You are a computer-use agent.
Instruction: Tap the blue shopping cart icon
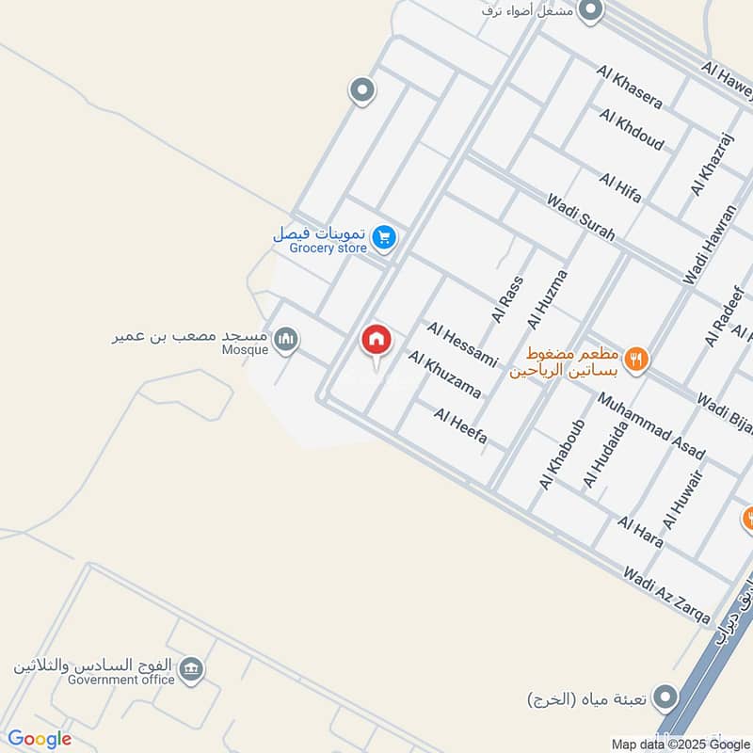(382, 237)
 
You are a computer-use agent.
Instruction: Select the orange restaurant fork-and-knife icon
(637, 359)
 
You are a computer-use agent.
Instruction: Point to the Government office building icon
(191, 669)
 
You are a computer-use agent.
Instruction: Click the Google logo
(40, 739)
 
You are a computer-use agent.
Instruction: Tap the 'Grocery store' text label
(328, 248)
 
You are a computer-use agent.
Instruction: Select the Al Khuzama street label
(445, 375)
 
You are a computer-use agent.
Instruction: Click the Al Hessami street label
(461, 343)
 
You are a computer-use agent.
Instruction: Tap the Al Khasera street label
(630, 87)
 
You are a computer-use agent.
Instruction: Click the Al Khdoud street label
(632, 130)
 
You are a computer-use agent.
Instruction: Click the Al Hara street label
(640, 532)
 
